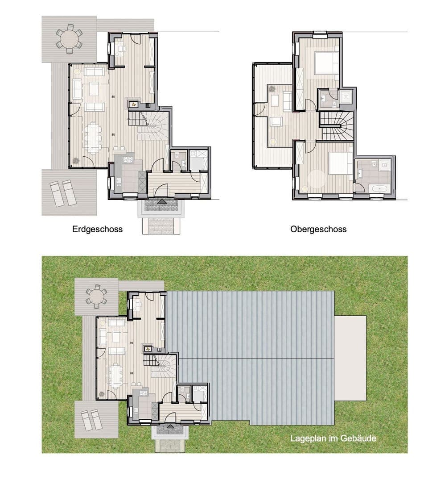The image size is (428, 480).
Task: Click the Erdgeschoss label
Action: (x=97, y=230)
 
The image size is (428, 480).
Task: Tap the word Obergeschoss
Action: (x=318, y=230)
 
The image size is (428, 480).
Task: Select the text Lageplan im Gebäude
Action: (x=333, y=438)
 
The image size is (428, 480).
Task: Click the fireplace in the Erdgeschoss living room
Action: (x=133, y=104)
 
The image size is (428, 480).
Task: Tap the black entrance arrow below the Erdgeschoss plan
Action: (x=161, y=201)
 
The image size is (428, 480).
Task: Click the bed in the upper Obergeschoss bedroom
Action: (x=327, y=63)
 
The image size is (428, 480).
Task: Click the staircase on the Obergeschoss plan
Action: (x=337, y=126)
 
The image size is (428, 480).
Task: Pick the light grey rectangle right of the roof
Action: (x=350, y=358)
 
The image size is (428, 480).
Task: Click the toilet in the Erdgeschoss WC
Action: (x=177, y=156)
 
